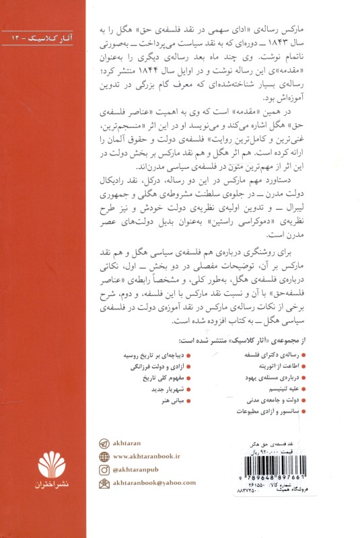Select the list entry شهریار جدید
pyautogui.click(x=158, y=389)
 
